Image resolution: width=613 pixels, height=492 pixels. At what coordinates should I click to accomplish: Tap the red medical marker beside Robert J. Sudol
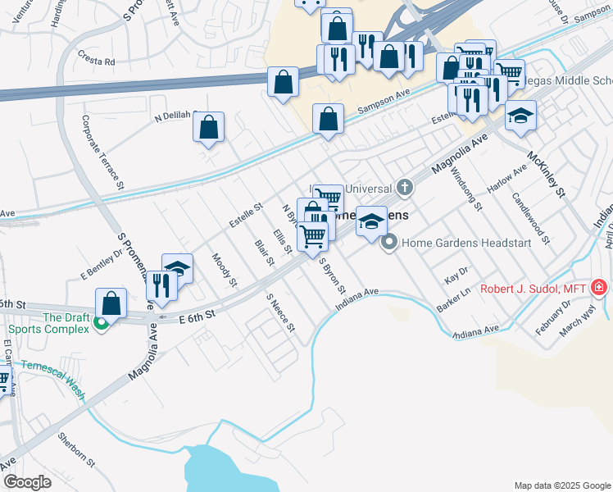(599, 288)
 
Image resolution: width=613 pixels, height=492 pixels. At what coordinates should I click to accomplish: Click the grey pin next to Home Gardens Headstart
(390, 242)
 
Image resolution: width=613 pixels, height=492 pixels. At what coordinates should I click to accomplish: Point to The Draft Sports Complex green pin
(102, 324)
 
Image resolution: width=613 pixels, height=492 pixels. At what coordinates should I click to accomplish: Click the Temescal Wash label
(53, 379)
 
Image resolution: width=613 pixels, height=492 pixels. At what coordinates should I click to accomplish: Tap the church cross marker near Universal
(404, 189)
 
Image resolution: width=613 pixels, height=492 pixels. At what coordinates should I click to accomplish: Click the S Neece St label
(279, 318)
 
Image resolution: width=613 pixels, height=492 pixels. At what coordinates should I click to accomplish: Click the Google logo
(27, 482)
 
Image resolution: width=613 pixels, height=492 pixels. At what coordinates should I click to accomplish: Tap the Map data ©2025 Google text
(561, 485)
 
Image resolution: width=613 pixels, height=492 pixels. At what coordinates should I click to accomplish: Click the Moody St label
(224, 270)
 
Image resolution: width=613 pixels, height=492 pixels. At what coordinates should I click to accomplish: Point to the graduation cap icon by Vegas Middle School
(520, 116)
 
